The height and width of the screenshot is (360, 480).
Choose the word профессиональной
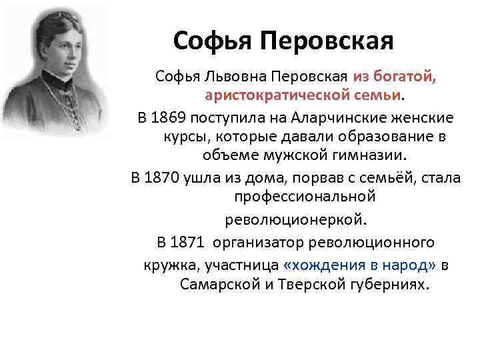coord(304,197)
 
